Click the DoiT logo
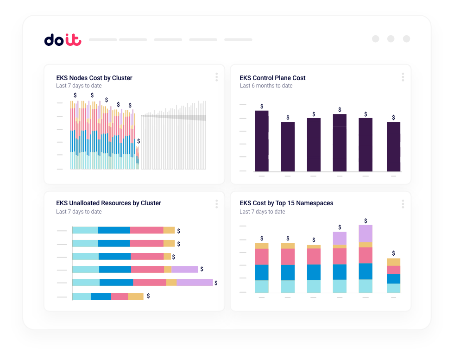point(63,40)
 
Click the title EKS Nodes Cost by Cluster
point(94,78)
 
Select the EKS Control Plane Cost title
point(272,78)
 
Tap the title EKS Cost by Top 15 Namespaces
point(286,203)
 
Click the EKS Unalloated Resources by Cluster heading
point(108,203)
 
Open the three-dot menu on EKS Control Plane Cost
point(403,77)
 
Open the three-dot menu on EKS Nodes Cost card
point(216,77)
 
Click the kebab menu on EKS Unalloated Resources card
point(216,204)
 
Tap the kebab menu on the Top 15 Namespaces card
point(403,204)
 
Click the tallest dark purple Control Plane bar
point(262,141)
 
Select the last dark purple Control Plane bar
point(393,146)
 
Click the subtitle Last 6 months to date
point(266,86)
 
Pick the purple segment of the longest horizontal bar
point(195,282)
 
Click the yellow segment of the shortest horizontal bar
point(136,296)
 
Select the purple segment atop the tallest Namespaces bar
point(366,234)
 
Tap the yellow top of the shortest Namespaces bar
point(393,262)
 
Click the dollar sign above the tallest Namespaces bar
point(366,221)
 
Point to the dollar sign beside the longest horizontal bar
point(216,283)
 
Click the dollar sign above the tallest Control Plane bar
point(262,107)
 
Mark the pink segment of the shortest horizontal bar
point(119,296)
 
